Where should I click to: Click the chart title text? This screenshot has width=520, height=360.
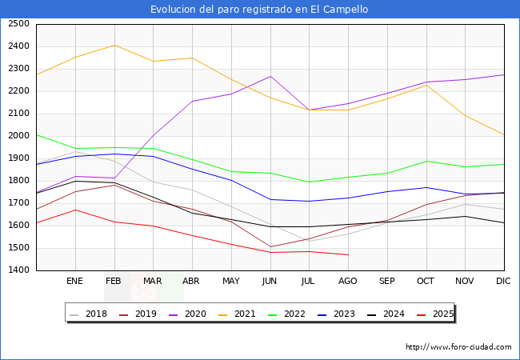[x=259, y=10]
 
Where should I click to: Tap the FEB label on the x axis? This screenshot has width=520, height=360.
[x=114, y=282]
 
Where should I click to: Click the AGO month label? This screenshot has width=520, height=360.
[x=348, y=282]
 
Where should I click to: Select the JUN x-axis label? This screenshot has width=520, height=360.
[x=270, y=282]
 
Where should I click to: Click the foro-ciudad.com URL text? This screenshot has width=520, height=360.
[x=458, y=347]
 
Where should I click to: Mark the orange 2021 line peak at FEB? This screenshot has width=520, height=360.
[x=114, y=45]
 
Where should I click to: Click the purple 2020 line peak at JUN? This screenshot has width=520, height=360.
[x=270, y=77]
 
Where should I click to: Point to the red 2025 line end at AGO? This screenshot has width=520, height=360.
[x=348, y=254]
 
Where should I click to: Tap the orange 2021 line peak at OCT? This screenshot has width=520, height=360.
[x=426, y=85]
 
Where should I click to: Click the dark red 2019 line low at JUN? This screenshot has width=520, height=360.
[x=270, y=247]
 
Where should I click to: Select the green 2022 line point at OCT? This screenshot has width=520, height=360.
[x=426, y=162]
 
